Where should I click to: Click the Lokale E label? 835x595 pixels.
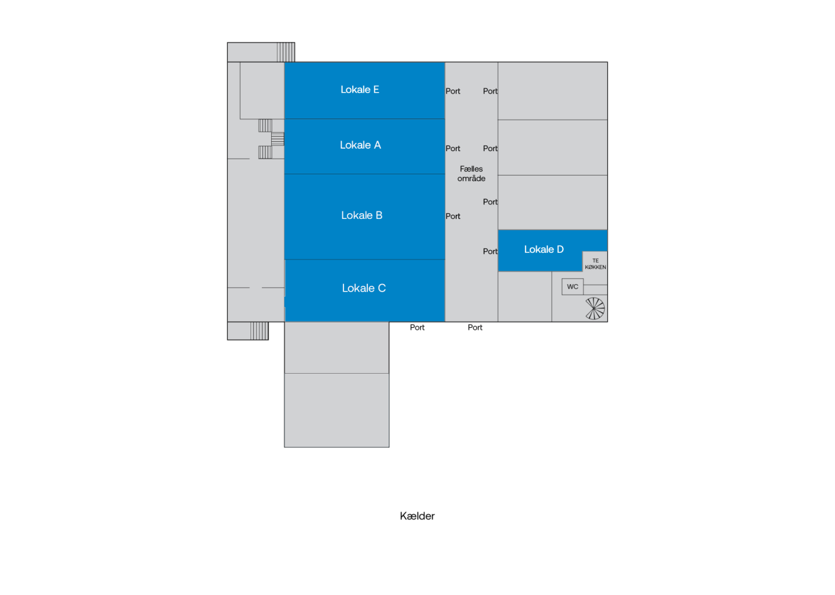pyautogui.click(x=360, y=90)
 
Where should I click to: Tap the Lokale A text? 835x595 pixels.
pyautogui.click(x=360, y=145)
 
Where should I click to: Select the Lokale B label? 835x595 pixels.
pyautogui.click(x=362, y=215)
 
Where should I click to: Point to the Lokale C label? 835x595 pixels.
pyautogui.click(x=364, y=288)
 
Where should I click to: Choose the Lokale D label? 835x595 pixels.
pyautogui.click(x=544, y=249)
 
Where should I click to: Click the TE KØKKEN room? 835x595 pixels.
pyautogui.click(x=595, y=263)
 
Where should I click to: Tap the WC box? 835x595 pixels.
pyautogui.click(x=573, y=287)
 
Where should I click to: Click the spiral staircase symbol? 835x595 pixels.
pyautogui.click(x=595, y=308)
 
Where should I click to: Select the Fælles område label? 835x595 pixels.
pyautogui.click(x=471, y=174)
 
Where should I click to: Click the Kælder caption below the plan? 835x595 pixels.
pyautogui.click(x=417, y=516)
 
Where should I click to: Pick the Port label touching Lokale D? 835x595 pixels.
pyautogui.click(x=490, y=251)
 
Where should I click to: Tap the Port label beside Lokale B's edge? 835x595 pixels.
pyautogui.click(x=453, y=216)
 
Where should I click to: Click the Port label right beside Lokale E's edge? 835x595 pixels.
pyautogui.click(x=453, y=91)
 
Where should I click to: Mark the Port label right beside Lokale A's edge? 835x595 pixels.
pyautogui.click(x=453, y=148)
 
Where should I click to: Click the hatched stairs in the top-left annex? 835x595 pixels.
pyautogui.click(x=286, y=52)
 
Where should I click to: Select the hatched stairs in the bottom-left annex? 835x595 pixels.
pyautogui.click(x=259, y=330)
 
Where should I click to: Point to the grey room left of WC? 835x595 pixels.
pyautogui.click(x=525, y=297)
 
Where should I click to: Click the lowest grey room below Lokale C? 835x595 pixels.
pyautogui.click(x=337, y=410)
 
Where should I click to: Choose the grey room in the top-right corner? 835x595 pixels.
pyautogui.click(x=552, y=91)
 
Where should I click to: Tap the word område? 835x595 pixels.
pyautogui.click(x=471, y=178)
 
